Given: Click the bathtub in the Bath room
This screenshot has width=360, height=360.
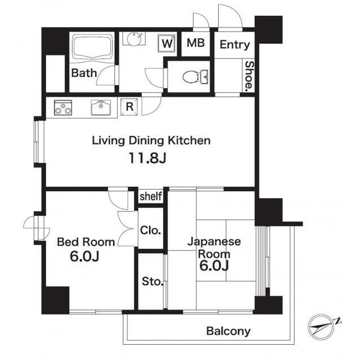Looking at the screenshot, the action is [x=93, y=47].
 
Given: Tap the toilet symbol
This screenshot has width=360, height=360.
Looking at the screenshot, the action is [x=195, y=76].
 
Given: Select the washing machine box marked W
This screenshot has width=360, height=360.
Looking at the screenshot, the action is [x=167, y=43].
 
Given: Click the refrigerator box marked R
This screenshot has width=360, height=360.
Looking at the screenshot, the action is [x=129, y=107].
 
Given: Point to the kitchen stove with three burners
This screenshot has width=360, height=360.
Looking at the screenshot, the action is [x=63, y=107].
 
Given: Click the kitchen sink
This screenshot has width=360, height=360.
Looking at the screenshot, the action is [x=101, y=107].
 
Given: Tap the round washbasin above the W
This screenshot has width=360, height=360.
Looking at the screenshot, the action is [x=134, y=39].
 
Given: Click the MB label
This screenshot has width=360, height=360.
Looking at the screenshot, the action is [x=196, y=43].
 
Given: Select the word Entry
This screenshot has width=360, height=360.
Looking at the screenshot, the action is [x=235, y=45].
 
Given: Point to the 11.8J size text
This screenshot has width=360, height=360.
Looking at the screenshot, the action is [x=147, y=158].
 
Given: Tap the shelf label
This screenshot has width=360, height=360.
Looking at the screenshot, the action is [x=151, y=196].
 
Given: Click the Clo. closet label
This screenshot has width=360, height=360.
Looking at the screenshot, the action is [x=150, y=230].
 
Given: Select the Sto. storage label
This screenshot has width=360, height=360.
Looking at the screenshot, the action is [x=152, y=281].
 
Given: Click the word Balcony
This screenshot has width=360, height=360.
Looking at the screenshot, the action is [x=228, y=331].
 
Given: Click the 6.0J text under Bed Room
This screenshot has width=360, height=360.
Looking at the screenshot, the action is [x=84, y=256].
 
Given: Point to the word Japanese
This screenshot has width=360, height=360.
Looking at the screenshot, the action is [x=214, y=242].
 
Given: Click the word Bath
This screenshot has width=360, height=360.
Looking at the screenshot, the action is [x=84, y=73].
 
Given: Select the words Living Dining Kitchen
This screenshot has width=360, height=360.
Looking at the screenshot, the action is [x=151, y=141].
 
